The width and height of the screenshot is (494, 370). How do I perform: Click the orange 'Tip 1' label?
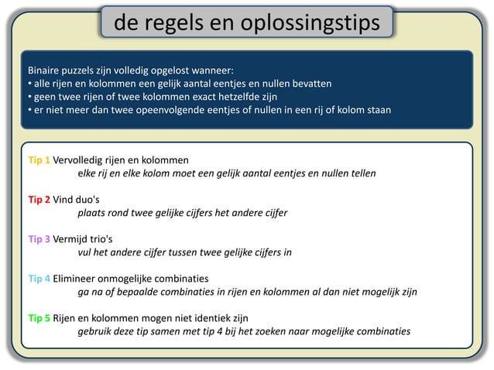point(39,160)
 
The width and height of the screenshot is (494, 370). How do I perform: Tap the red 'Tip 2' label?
point(39,199)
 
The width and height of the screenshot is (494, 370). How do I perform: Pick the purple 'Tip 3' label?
point(39,238)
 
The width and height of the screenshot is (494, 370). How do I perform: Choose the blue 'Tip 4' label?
point(39,278)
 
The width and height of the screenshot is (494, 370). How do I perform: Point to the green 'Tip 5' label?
point(39,317)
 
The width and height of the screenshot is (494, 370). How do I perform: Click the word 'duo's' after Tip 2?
point(89,199)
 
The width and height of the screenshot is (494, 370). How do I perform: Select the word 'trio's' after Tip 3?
point(99,238)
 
